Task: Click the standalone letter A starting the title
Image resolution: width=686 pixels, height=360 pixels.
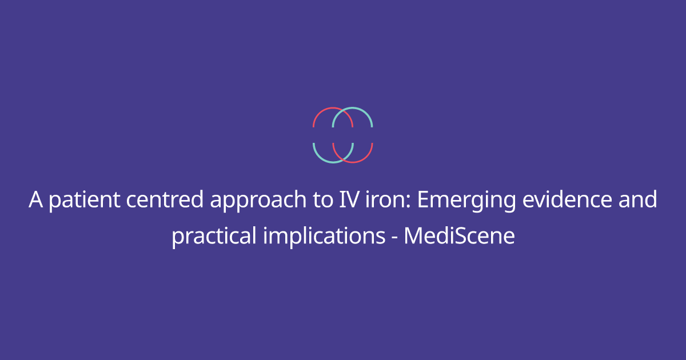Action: pyautogui.click(x=36, y=200)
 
